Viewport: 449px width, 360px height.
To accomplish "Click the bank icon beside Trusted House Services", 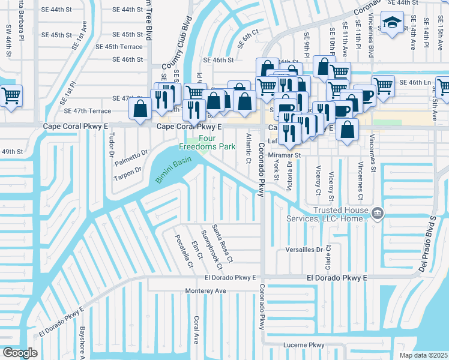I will pyautogui.click(x=378, y=212).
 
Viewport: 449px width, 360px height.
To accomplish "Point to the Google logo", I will pyautogui.click(x=19, y=352).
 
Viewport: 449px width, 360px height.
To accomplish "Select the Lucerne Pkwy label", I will pyautogui.click(x=304, y=346).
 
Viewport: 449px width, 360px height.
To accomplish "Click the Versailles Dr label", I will pyautogui.click(x=305, y=248).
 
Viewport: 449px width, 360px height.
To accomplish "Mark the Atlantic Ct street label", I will pyautogui.click(x=248, y=149).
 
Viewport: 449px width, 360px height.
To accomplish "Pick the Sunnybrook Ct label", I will pyautogui.click(x=211, y=249).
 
